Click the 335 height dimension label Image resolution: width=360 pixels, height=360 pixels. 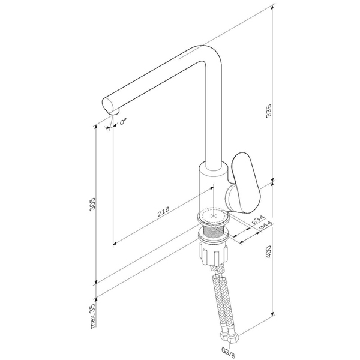point(269,111)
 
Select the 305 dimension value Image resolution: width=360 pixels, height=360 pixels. point(92,204)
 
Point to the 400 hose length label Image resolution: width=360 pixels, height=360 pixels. point(269,252)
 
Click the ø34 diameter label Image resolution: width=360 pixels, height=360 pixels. point(258,220)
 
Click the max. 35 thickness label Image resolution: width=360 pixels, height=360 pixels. point(92,316)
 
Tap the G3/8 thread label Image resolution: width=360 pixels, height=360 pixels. point(228,352)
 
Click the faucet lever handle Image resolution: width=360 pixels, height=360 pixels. point(245,183)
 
